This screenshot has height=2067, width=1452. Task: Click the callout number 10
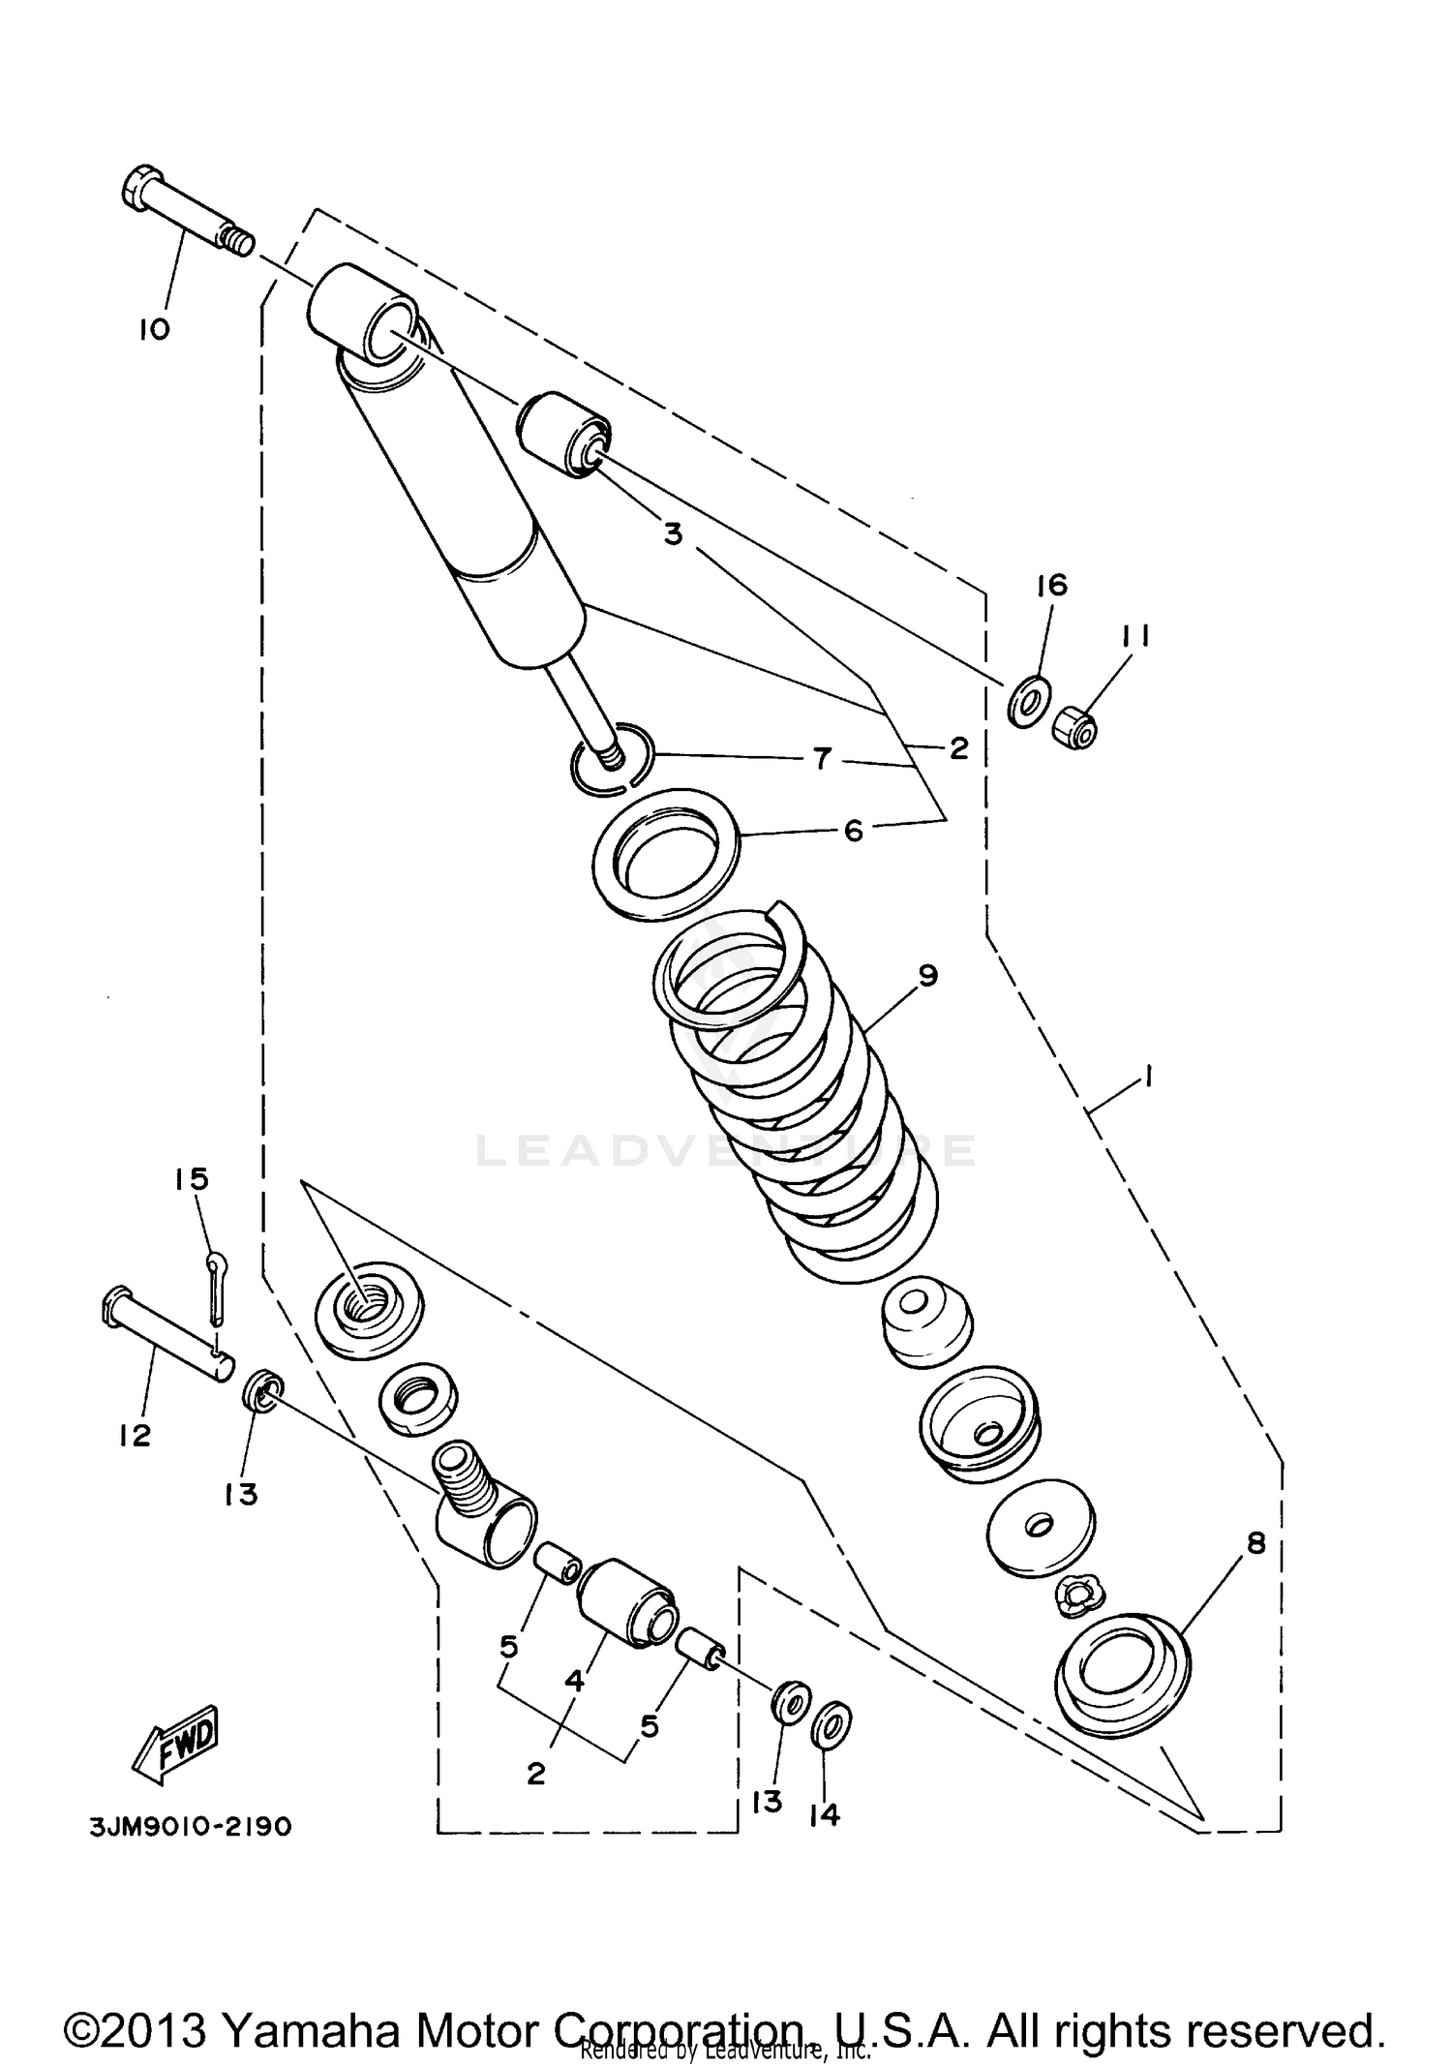[154, 329]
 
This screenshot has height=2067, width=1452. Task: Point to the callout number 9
[927, 976]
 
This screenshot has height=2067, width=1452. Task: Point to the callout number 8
[1255, 1544]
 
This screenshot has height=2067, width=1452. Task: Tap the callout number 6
[854, 831]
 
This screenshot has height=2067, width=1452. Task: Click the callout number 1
[1147, 1078]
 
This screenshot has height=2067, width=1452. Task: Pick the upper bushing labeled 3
[564, 435]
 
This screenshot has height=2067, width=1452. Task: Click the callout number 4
[575, 1682]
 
